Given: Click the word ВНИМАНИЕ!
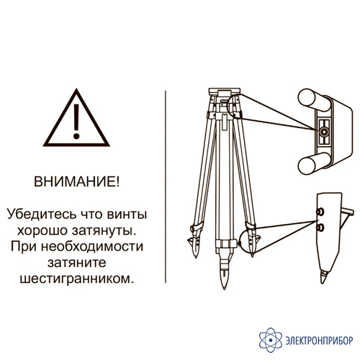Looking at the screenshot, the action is point(76,181).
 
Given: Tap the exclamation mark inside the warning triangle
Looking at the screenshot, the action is point(76,122).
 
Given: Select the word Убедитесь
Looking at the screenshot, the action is point(41,214).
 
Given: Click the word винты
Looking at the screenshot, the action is point(127,215).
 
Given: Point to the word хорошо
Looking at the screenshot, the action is point(42,230).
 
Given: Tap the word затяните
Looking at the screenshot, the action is point(77,263).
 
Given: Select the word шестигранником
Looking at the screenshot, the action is point(76,279).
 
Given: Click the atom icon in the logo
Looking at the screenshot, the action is point(271,340).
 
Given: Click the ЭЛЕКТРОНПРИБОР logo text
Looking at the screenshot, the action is point(319,341).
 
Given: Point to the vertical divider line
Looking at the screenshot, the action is point(166,186).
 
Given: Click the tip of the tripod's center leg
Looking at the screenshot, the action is point(224,289).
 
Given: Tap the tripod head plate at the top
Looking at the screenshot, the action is point(225,91).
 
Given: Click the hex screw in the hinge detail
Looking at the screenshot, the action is point(323,131).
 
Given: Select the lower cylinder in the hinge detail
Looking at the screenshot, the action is point(312,164).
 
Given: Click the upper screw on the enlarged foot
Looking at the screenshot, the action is point(320,212).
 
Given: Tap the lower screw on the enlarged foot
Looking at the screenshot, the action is point(320,228).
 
